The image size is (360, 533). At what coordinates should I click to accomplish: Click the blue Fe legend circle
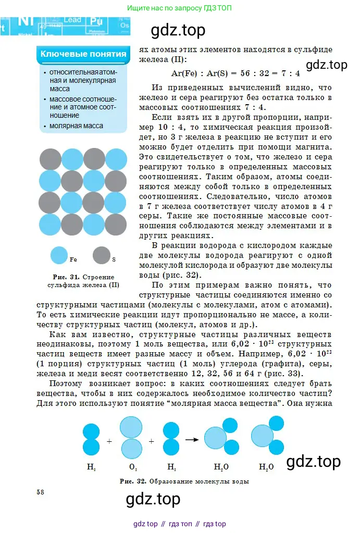coord(59,255)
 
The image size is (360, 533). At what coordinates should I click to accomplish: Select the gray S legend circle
coord(101,255)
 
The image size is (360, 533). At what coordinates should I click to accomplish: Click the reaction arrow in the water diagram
coord(192,440)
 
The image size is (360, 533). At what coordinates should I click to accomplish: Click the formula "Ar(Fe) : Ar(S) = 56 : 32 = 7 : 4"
coord(235,73)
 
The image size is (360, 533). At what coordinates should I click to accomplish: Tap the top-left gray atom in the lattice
coord(50,159)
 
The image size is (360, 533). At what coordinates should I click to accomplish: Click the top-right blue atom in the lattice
coord(116,159)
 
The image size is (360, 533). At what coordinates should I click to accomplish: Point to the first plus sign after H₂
coord(109,441)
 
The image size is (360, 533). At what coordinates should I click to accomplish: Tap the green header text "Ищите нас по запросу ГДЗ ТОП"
coord(180,8)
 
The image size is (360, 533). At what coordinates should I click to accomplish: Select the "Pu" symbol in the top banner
coord(96,22)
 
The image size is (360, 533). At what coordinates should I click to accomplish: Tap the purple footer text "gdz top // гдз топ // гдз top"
coord(180,524)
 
